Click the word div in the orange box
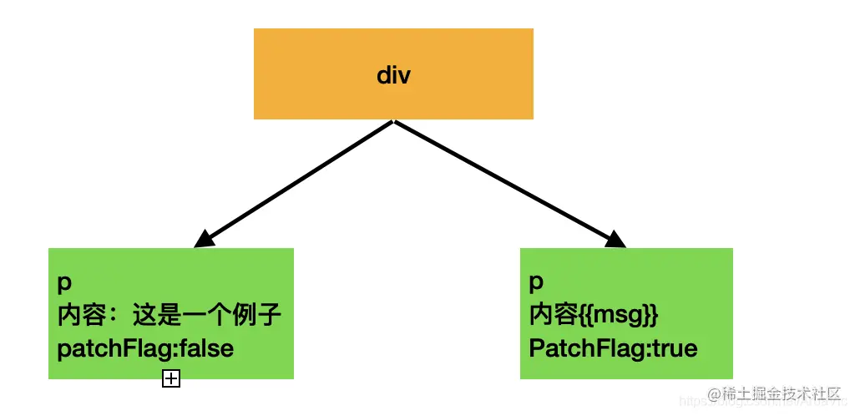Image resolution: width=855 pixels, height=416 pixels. [x=393, y=76]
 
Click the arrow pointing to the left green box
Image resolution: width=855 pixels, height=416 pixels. [x=292, y=185]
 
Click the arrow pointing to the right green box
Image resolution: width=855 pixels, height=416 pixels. [x=509, y=185]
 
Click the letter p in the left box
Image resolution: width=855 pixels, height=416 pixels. [x=64, y=284]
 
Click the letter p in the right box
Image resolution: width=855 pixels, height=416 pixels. [x=536, y=284]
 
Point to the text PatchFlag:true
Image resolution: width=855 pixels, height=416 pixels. [x=613, y=348]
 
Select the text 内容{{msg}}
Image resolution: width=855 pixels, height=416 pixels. [x=594, y=316]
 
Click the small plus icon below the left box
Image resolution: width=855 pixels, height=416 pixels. [x=170, y=379]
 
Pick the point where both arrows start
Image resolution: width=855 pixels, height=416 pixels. [x=392, y=122]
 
